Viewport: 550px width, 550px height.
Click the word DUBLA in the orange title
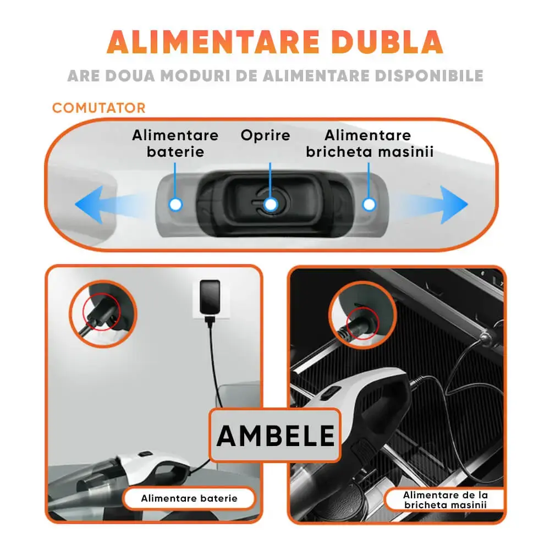point(387,42)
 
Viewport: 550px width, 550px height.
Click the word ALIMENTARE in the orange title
point(213,42)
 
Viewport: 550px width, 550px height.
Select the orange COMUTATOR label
point(99,108)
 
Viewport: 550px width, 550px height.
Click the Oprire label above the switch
point(266,136)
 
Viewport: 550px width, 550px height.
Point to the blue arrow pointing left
point(105,205)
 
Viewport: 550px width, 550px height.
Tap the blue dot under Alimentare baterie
point(175,204)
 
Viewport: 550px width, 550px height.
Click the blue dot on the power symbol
point(271,204)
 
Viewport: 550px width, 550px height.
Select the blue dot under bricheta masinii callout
point(369,204)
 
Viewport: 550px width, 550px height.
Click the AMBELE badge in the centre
point(276,435)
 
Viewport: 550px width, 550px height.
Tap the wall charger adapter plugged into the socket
point(210,298)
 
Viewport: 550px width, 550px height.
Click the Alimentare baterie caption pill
point(189,498)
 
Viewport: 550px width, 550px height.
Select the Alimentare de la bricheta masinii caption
point(445,500)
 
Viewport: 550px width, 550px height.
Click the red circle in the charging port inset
point(101,312)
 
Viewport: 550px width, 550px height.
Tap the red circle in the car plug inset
point(362,323)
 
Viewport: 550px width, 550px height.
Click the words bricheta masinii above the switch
point(370,152)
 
